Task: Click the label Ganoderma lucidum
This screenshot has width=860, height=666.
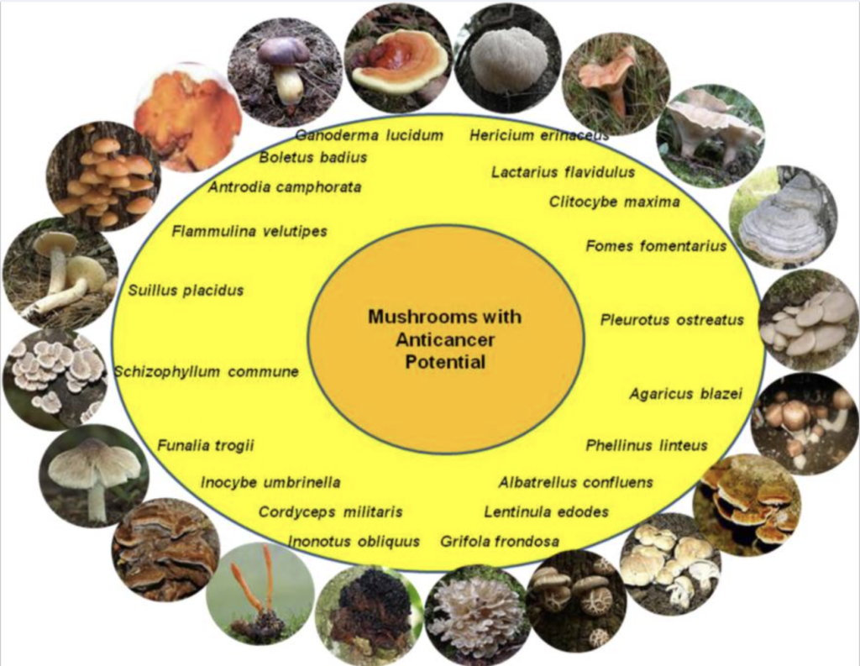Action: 370,135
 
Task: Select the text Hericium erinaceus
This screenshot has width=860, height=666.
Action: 539,134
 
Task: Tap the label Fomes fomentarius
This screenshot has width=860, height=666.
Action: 656,246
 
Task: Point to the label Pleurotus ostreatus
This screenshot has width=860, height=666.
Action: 672,320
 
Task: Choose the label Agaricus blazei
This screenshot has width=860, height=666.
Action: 685,394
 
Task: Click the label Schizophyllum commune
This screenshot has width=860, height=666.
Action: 207,371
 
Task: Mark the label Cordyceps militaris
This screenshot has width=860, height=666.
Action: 330,511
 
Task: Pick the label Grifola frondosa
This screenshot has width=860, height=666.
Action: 500,541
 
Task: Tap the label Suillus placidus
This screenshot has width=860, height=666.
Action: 186,291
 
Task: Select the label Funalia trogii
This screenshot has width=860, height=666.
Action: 206,445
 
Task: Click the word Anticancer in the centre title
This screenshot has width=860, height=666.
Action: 445,339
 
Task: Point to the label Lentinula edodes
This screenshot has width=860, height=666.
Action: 546,511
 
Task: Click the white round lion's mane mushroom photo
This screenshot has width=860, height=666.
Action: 507,58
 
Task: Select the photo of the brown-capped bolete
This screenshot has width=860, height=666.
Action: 284,71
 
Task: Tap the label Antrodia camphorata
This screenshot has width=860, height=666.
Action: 285,187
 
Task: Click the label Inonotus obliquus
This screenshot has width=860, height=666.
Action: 354,541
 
